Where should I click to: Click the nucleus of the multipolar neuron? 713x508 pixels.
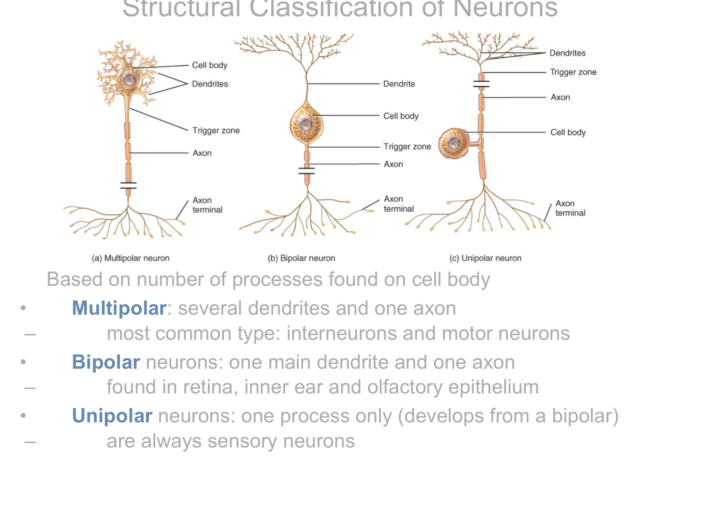click(x=129, y=80)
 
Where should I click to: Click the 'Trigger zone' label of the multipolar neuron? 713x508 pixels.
click(x=216, y=130)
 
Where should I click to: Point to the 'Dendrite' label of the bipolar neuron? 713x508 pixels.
click(x=399, y=84)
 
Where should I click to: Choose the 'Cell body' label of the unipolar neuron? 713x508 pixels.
click(x=568, y=132)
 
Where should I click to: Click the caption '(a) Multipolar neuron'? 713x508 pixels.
click(x=131, y=258)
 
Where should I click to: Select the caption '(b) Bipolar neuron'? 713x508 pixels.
click(x=301, y=258)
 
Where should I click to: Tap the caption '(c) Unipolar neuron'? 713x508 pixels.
click(x=485, y=258)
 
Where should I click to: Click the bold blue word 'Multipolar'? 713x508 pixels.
click(x=119, y=308)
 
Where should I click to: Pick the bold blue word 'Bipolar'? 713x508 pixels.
click(x=106, y=362)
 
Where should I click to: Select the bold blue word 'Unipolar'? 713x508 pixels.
click(x=112, y=416)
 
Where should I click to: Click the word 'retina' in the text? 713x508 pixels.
click(x=215, y=387)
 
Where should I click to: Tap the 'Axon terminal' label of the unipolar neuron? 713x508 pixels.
click(x=570, y=208)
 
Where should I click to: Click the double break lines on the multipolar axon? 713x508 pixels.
click(x=128, y=185)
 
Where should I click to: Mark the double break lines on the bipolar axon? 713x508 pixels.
click(x=306, y=171)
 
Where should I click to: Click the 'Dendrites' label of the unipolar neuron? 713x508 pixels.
click(x=567, y=53)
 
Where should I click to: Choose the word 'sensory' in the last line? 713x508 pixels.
click(x=242, y=441)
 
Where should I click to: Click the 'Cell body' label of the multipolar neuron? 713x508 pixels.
click(x=209, y=65)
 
